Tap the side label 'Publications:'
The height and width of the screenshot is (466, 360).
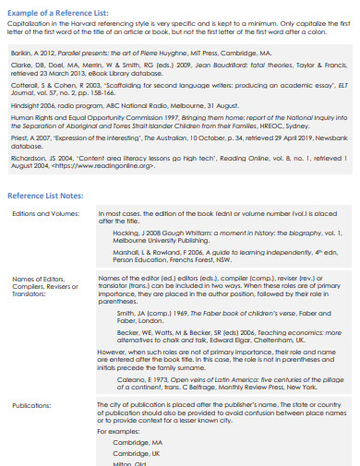(x=31, y=404)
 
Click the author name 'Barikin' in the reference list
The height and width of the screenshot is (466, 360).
(x=23, y=54)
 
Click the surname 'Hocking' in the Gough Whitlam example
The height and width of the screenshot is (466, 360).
(x=126, y=234)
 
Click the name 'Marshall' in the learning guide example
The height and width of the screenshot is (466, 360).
(x=126, y=252)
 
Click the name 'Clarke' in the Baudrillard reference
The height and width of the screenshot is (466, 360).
(x=22, y=66)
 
